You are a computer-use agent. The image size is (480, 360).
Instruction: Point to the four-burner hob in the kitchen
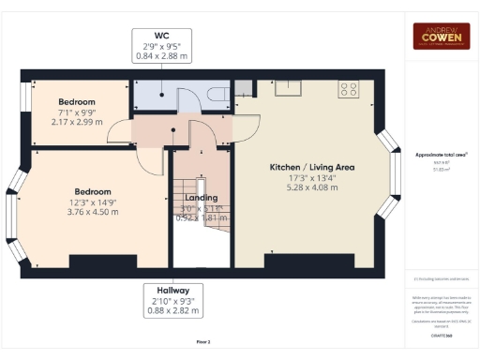(350, 89)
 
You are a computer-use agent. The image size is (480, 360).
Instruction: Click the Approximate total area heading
(441, 154)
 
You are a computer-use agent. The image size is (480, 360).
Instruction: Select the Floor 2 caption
(202, 342)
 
